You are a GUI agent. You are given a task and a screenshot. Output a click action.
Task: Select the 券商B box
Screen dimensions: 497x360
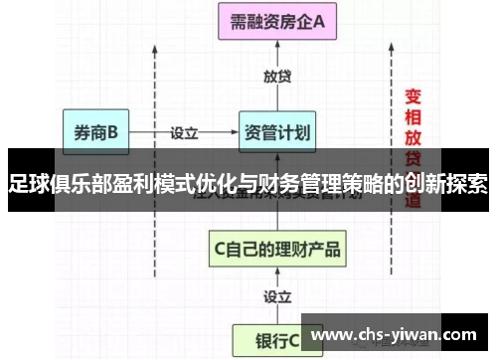(x=95, y=130)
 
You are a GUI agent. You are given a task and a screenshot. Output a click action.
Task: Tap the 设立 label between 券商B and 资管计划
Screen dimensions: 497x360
(x=185, y=130)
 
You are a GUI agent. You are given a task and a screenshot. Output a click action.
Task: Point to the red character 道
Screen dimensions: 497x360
(x=414, y=200)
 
